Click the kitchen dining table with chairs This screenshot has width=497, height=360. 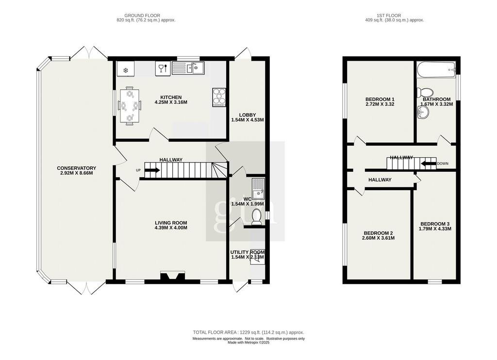[x=129, y=106]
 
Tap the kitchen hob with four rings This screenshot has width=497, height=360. [x=219, y=98]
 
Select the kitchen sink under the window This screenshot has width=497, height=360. [x=188, y=68]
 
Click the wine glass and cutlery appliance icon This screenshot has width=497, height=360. [x=163, y=68]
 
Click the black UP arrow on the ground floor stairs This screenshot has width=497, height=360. [x=152, y=170]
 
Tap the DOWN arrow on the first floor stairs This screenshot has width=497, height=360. [x=428, y=164]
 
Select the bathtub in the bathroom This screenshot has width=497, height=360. [x=436, y=69]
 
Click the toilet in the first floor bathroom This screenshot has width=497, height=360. [x=425, y=93]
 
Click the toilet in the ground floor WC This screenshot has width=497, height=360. [x=256, y=217]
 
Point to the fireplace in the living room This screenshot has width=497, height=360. [x=173, y=276]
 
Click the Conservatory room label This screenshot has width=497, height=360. [x=76, y=168]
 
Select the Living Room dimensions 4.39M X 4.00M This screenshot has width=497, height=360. [x=171, y=228]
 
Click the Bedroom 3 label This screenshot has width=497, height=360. [x=435, y=224]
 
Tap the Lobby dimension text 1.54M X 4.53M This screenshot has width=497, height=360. [x=248, y=120]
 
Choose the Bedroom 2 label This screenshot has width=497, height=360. [x=379, y=233]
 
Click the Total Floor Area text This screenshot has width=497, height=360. [x=248, y=332]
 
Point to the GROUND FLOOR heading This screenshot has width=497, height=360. [x=142, y=15]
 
